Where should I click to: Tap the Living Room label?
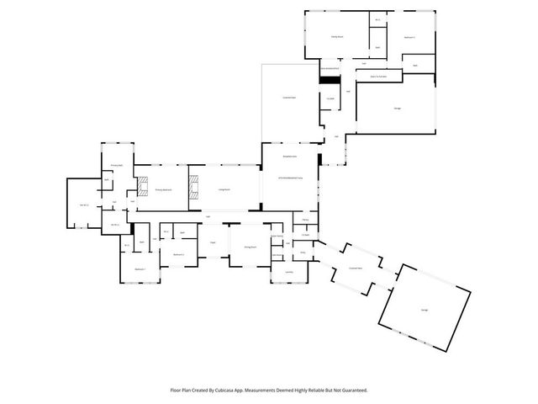click(224, 191)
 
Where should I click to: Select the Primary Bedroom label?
click(164, 191)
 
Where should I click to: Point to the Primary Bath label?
click(118, 166)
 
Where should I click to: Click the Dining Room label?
click(250, 247)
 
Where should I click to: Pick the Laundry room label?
click(288, 272)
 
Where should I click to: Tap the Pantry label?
click(304, 220)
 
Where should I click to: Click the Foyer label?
click(214, 242)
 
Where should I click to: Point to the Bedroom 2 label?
click(178, 254)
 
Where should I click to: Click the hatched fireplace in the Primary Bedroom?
click(143, 188)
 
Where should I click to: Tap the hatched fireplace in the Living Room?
click(193, 188)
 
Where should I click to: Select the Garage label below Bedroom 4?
click(397, 108)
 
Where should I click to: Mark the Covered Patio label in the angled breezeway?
click(356, 268)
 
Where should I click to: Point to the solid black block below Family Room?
click(325, 80)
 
